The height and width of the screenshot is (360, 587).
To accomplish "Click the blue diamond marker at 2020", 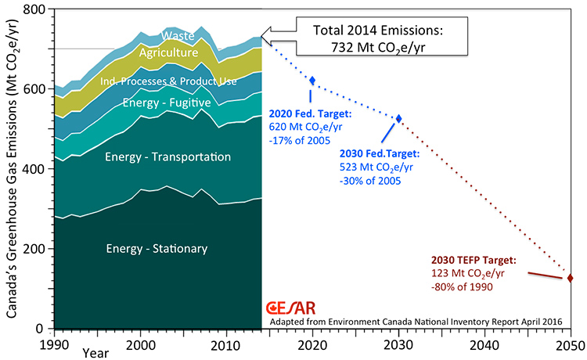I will point(313,81).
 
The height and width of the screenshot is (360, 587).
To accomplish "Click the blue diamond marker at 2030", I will point(398,118).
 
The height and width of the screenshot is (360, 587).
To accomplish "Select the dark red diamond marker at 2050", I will point(570,278).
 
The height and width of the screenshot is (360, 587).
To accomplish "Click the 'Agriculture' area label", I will point(167,53).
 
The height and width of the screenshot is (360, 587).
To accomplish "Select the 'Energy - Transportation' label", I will point(167,157).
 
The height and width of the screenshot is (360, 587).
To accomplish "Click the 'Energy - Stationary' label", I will point(157,249).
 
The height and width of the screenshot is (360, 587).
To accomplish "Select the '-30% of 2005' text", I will point(366,181).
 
